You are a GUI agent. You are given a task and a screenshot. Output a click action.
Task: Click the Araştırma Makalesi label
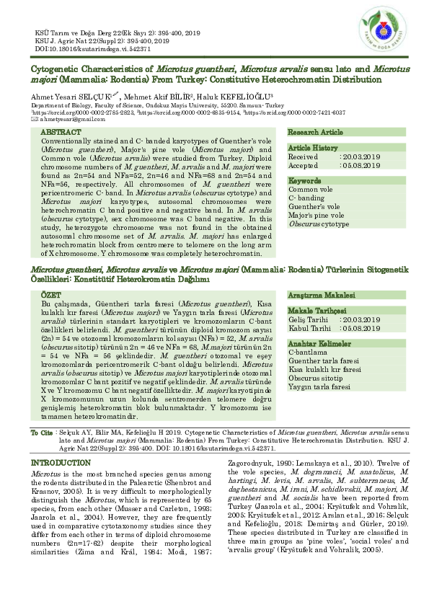click(322, 296)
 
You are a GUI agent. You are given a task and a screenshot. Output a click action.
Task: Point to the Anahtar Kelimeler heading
click(321, 343)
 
